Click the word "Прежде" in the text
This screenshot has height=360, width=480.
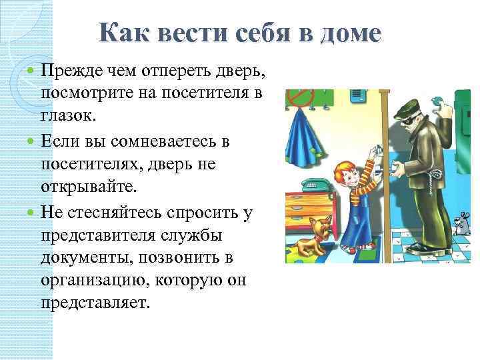coord(68,71)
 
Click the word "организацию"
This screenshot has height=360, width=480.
coord(94,281)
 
